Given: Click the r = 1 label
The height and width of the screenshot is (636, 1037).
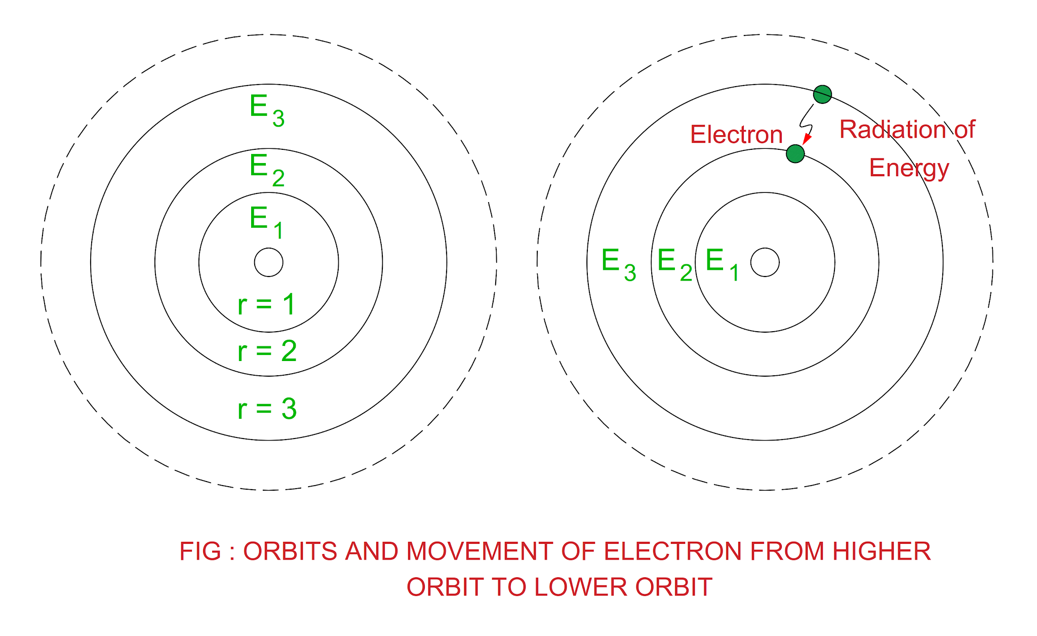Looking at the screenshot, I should pyautogui.click(x=266, y=305).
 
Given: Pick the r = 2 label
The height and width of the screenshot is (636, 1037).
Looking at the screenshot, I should pyautogui.click(x=267, y=351).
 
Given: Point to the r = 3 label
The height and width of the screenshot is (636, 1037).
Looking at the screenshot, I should pyautogui.click(x=267, y=409).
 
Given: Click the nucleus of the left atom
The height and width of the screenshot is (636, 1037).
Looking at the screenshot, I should pyautogui.click(x=268, y=262).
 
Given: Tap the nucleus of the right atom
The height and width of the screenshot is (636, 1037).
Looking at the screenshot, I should pyautogui.click(x=765, y=262).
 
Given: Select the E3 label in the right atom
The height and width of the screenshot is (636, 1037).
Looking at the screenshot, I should pyautogui.click(x=618, y=264).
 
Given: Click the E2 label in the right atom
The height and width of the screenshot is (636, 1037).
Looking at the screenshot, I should pyautogui.click(x=674, y=264).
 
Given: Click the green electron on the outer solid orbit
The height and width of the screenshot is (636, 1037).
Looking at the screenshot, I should pyautogui.click(x=822, y=94).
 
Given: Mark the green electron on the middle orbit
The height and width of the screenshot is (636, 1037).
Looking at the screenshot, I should pyautogui.click(x=795, y=153).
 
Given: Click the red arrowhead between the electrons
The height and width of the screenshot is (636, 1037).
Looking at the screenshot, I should pyautogui.click(x=806, y=139).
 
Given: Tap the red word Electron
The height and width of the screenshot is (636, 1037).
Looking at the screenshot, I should pyautogui.click(x=736, y=135).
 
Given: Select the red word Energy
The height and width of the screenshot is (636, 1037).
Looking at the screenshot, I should pyautogui.click(x=909, y=168).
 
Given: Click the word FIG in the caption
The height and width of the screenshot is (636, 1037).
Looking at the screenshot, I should pyautogui.click(x=200, y=551).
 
